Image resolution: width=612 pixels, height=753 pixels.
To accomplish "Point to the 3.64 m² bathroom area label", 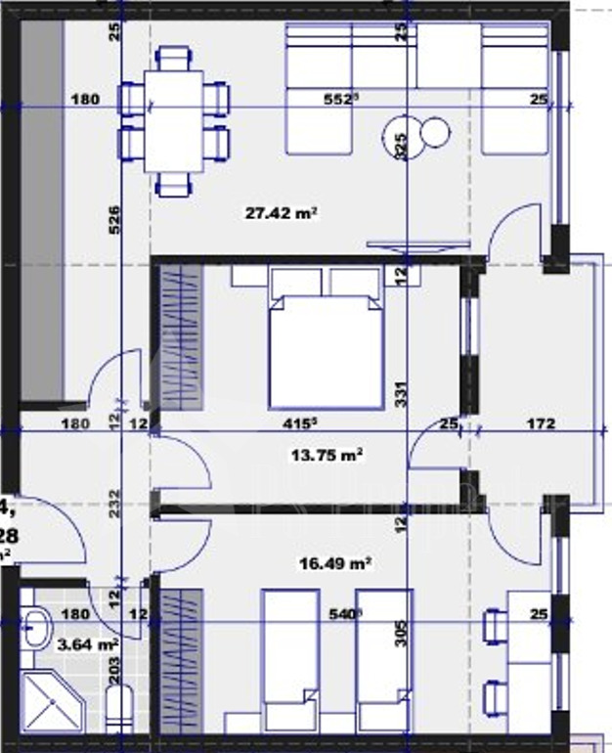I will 88,643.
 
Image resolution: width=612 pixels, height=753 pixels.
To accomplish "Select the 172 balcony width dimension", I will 540,423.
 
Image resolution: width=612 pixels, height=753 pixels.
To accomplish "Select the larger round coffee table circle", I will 401,132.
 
